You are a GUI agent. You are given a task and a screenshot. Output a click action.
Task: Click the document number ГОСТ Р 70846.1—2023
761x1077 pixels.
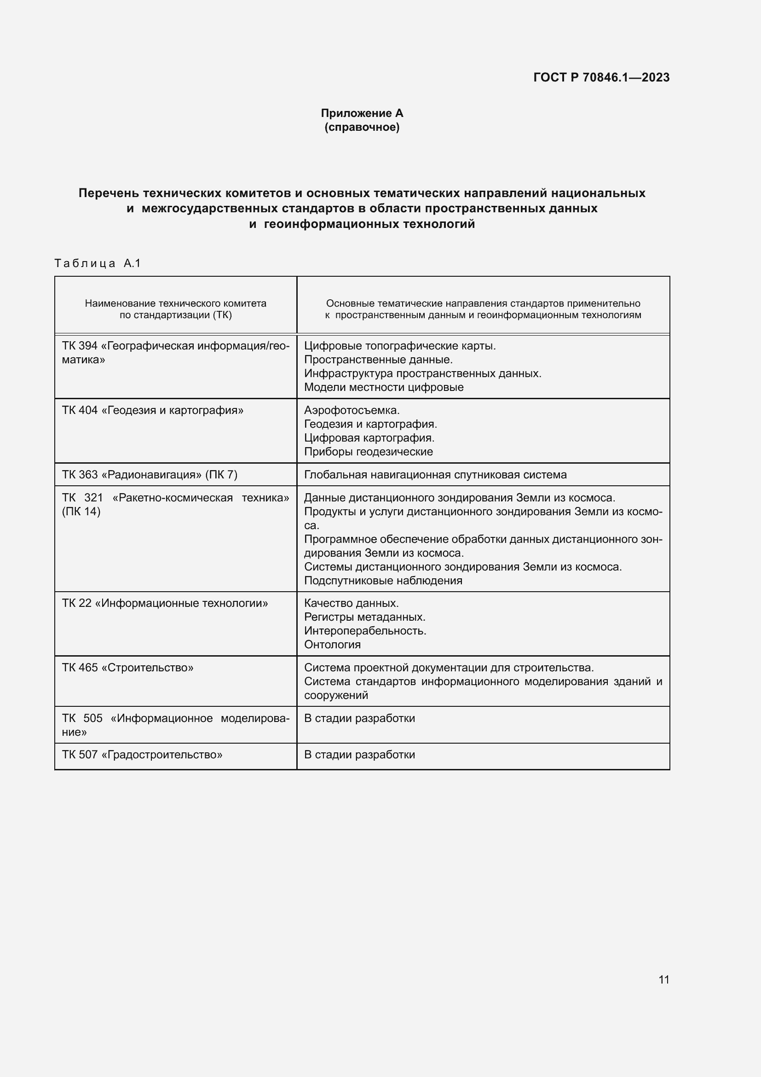601,77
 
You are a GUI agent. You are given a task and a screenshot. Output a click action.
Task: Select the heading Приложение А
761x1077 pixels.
362,113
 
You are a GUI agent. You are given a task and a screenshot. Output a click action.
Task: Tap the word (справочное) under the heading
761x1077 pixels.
362,127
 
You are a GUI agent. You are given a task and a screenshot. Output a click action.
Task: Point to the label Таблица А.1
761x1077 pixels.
98,263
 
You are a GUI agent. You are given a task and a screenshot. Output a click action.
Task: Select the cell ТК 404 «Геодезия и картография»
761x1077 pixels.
153,410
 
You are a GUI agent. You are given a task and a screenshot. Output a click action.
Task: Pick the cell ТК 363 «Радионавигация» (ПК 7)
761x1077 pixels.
150,475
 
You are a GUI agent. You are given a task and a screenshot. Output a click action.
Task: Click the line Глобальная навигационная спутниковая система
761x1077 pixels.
435,475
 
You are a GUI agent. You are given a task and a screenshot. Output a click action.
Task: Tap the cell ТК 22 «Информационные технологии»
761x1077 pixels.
165,603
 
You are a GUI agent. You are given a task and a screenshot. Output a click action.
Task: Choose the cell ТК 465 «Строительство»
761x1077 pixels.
127,668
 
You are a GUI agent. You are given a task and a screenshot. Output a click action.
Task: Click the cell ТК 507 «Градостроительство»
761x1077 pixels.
142,755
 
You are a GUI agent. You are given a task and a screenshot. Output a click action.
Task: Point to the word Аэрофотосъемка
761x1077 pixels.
352,410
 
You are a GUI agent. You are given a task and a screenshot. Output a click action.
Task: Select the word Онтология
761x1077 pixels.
332,645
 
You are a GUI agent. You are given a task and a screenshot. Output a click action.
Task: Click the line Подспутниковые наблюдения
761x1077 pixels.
383,581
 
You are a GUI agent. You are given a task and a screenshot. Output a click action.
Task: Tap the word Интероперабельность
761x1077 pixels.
365,631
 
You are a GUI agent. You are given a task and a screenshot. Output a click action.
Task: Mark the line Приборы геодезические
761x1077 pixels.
369,452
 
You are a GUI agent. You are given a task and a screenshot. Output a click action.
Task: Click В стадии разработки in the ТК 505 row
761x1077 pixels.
359,718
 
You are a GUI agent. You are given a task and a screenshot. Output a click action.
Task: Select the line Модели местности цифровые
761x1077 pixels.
383,387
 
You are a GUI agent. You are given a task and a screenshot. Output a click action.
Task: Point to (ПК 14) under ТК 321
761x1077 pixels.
81,511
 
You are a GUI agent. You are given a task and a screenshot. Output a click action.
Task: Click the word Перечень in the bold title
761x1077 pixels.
109,193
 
